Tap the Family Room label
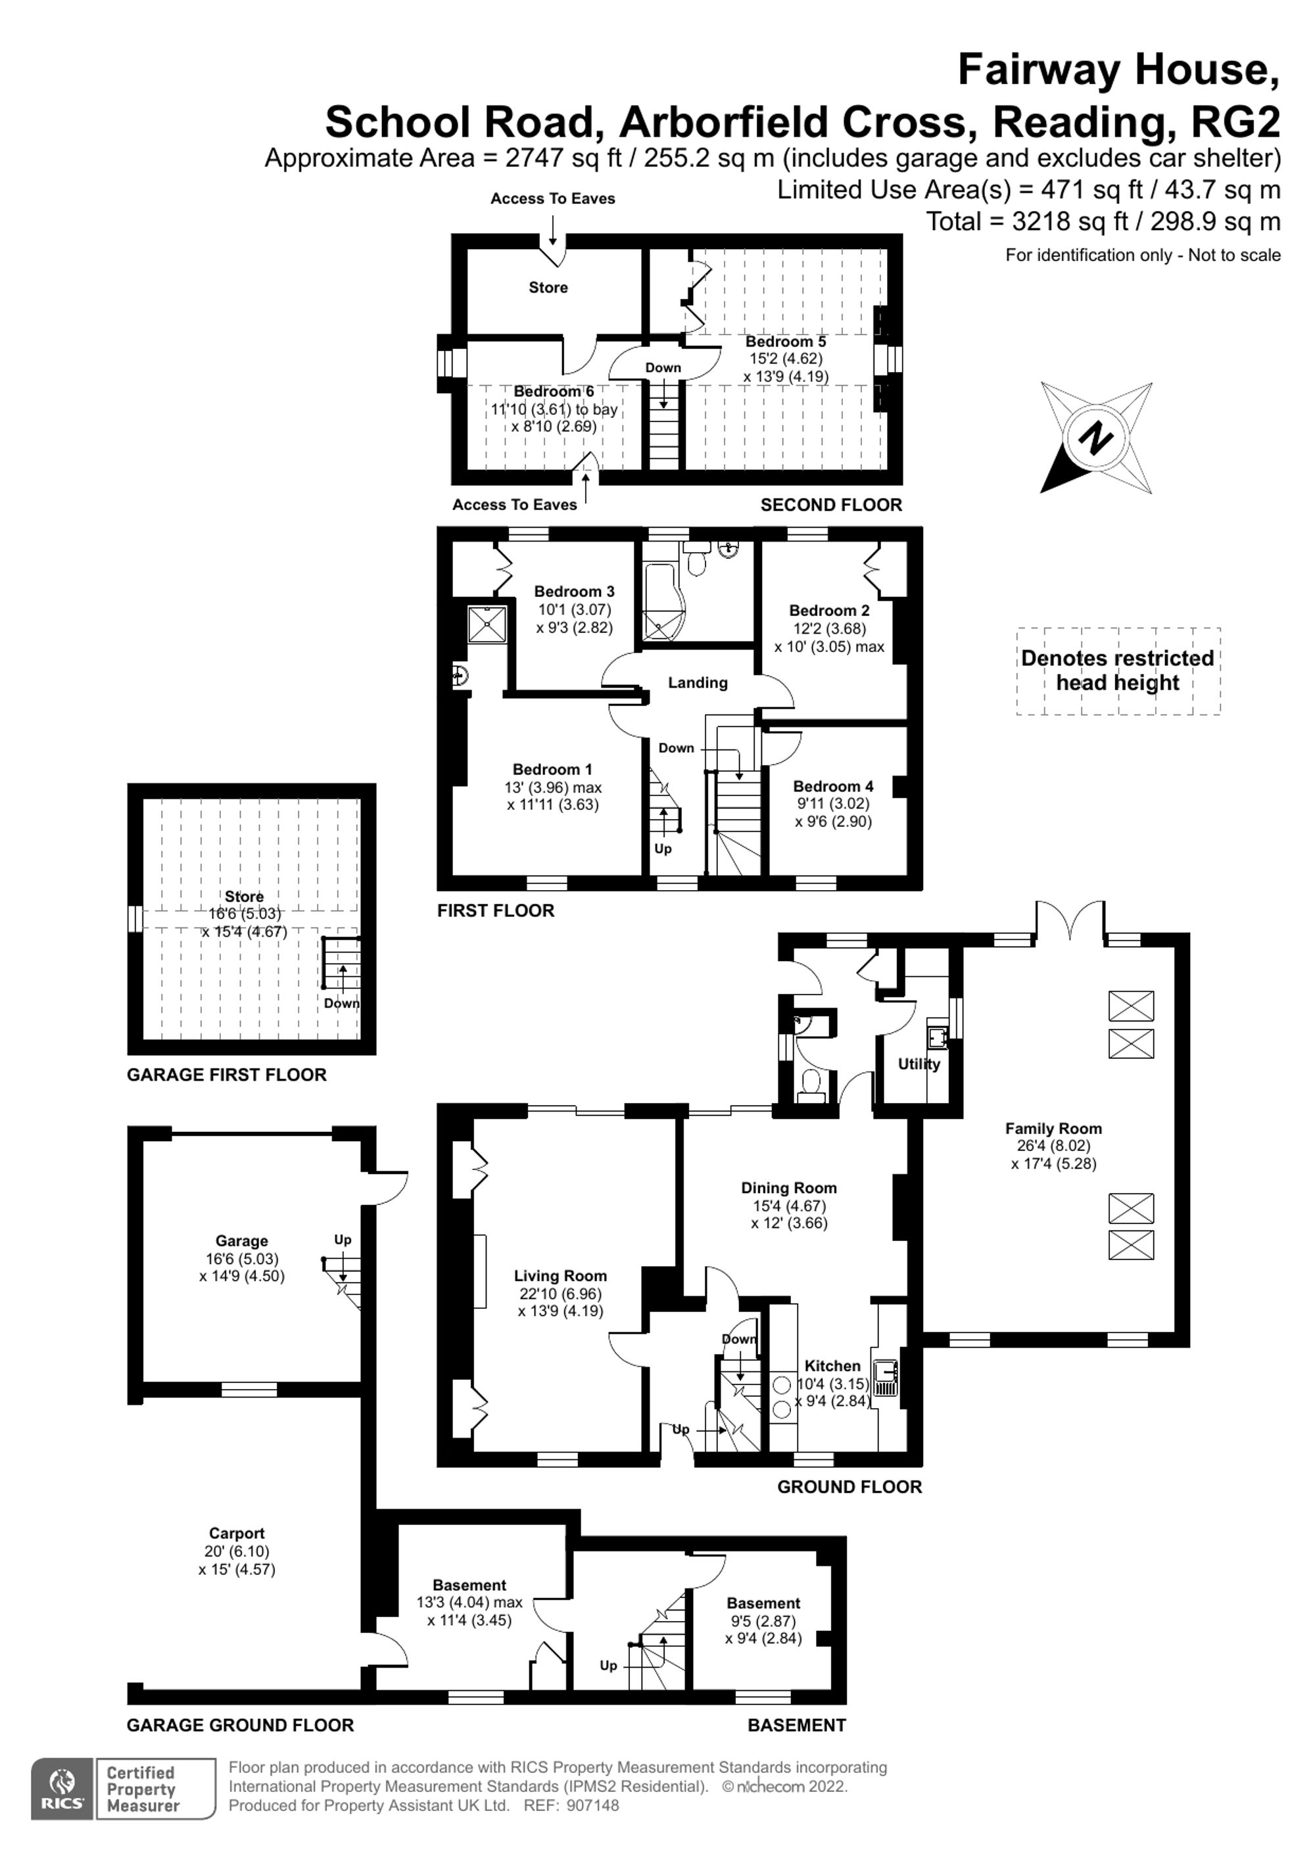[1053, 1129]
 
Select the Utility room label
[919, 1064]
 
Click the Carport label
[237, 1534]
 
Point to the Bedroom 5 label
[786, 342]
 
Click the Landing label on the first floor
[697, 682]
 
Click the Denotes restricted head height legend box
[1118, 671]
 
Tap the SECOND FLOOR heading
[831, 504]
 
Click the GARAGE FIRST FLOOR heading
[227, 1074]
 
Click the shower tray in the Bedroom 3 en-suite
[487, 623]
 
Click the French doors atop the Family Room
[1069, 922]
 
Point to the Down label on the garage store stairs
[342, 1003]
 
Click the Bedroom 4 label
[832, 786]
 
